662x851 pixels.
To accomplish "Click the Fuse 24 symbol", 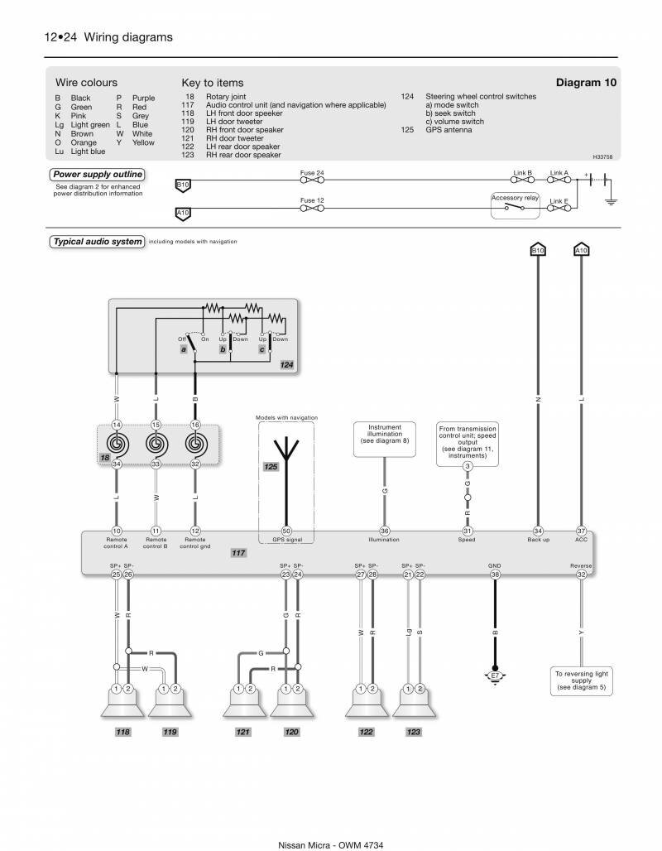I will click(312, 180).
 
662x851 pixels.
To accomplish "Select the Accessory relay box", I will click(515, 206).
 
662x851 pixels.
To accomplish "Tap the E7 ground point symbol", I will click(495, 676).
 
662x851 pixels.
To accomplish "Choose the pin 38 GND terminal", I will click(495, 574).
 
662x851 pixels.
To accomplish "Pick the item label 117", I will click(238, 551).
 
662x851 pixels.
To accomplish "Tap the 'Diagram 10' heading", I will click(586, 83).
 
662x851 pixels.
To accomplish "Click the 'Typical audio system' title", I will click(98, 242).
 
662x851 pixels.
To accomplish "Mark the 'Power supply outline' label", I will click(98, 175).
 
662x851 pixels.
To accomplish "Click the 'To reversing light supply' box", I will click(581, 680).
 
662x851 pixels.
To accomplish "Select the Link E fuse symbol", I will click(559, 208).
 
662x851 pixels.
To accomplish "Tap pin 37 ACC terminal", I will click(582, 531).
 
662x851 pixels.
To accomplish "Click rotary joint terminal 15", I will click(156, 425).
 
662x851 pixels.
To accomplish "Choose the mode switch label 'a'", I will click(184, 350).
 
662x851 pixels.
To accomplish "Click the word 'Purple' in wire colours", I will click(143, 98).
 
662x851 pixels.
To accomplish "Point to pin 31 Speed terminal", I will click(467, 531).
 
